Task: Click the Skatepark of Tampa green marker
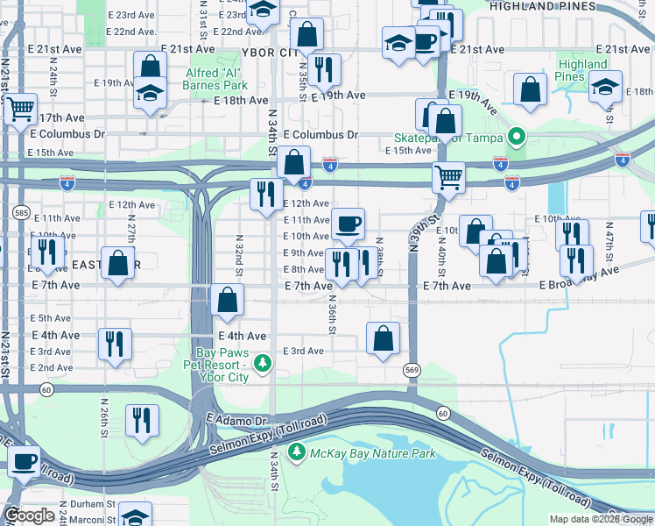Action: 517,138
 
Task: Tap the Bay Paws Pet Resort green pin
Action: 261,362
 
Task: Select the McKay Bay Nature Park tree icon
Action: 298,452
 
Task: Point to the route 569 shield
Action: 412,371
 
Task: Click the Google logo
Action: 30,515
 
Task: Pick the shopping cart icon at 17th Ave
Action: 20,109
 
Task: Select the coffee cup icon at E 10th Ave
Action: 348,223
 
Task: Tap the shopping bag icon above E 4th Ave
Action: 227,300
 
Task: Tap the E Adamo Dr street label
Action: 236,422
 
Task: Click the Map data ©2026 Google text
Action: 600,519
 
